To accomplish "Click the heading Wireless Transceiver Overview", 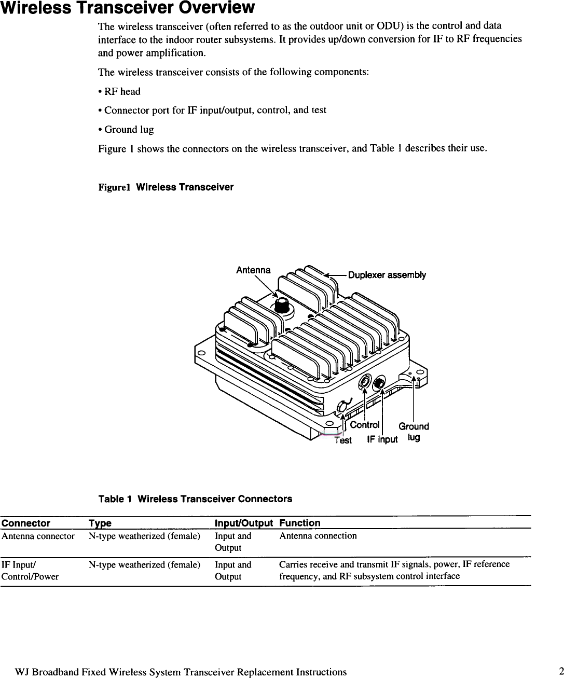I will (128, 8).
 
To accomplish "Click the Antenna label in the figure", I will (253, 270).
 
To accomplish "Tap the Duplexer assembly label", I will (387, 275).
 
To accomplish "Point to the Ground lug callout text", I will (414, 432).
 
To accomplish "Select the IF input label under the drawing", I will (382, 440).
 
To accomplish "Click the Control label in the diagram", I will (365, 425).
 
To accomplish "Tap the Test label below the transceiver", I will (343, 440).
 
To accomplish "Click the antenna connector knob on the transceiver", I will (282, 305).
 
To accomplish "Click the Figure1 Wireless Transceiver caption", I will (166, 187).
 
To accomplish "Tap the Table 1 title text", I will (195, 499).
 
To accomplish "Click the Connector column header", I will (26, 523).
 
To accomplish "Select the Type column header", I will (100, 523).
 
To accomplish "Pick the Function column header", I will (300, 523).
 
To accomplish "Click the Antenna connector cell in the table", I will (38, 536).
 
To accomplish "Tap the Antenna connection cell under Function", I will (318, 536).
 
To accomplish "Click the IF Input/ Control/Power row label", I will (30, 570).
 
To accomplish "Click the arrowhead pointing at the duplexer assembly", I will (327, 276).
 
